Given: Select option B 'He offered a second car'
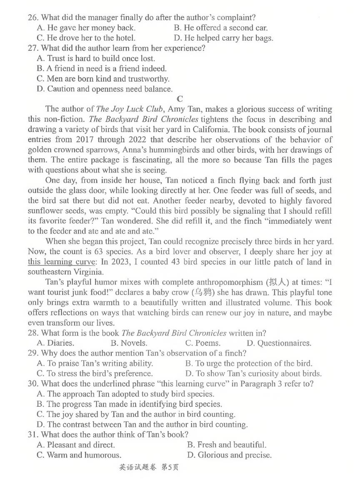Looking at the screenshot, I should pyautogui.click(x=220, y=28).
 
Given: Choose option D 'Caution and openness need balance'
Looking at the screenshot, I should pyautogui.click(x=104, y=89).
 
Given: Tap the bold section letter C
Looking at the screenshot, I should pyautogui.click(x=180, y=99).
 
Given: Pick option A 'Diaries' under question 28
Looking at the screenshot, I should pyautogui.click(x=55, y=343).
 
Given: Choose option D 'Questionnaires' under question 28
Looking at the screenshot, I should pyautogui.click(x=279, y=343).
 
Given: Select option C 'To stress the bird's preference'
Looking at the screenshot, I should pyautogui.click(x=95, y=374).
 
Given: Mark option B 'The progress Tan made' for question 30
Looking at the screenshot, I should pyautogui.click(x=129, y=404).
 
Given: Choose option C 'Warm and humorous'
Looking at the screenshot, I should pyautogui.click(x=79, y=455).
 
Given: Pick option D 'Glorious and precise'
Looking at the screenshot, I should pyautogui.click(x=229, y=455).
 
